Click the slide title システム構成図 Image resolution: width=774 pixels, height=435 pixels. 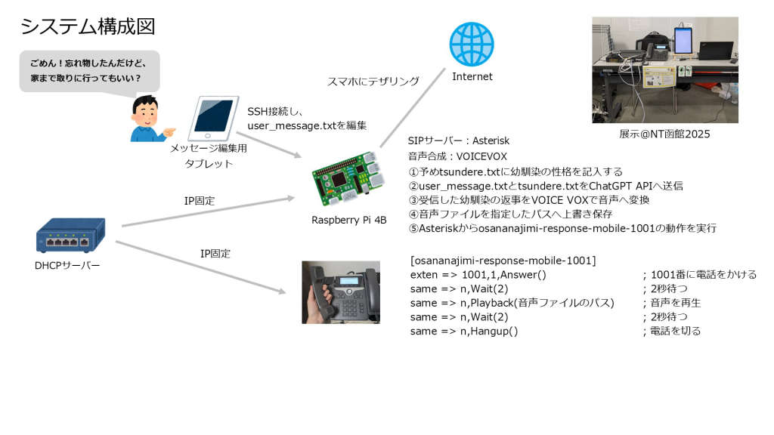click(x=88, y=26)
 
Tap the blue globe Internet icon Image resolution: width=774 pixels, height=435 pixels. click(x=472, y=45)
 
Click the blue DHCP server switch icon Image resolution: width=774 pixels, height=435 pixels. click(x=70, y=236)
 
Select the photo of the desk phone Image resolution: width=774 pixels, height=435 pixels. click(x=340, y=292)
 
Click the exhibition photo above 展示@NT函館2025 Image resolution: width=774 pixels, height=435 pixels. click(x=665, y=69)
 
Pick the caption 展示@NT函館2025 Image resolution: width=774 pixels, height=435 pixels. click(x=664, y=134)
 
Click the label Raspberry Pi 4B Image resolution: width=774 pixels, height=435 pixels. click(x=349, y=220)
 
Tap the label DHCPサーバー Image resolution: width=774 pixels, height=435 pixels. click(x=67, y=265)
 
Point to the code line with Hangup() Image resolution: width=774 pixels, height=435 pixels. click(x=464, y=331)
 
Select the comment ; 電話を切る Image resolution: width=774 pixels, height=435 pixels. click(x=671, y=331)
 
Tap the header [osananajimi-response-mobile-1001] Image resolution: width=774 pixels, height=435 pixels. click(x=503, y=261)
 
